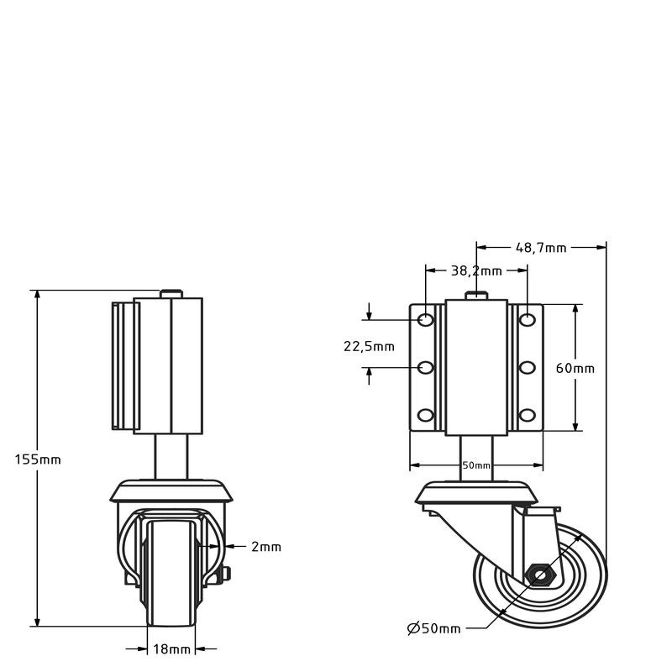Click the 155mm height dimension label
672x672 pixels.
(x=38, y=459)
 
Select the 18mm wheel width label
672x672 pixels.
(x=171, y=648)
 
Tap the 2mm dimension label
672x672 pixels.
(x=265, y=547)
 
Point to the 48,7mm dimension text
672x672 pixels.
(x=541, y=247)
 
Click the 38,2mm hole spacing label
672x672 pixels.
(x=476, y=270)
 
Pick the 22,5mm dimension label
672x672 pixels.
(x=369, y=346)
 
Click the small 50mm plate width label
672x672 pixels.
(x=476, y=465)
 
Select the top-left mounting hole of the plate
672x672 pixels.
(x=426, y=320)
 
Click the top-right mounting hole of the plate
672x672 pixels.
(x=527, y=320)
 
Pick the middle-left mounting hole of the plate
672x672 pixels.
(x=426, y=367)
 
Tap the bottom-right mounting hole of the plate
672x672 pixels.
(x=527, y=414)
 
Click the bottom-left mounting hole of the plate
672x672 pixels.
(x=426, y=414)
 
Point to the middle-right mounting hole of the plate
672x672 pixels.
(x=527, y=367)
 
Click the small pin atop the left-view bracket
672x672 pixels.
(x=171, y=293)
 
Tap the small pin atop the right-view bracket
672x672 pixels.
(x=476, y=294)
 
